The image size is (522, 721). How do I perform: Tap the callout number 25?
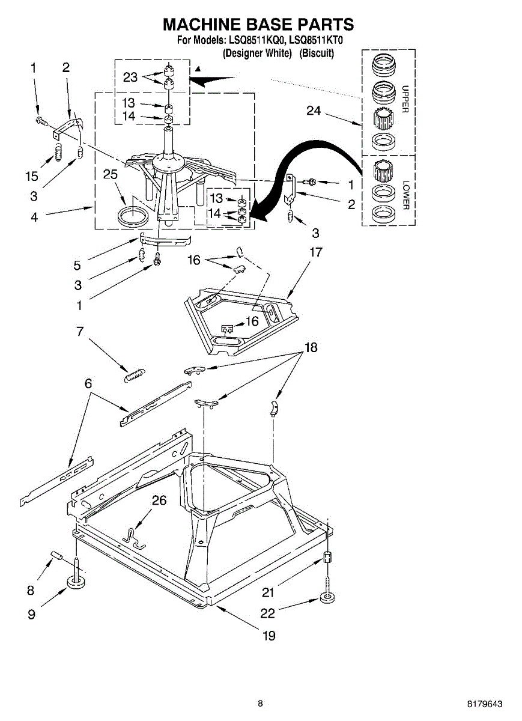coord(110,174)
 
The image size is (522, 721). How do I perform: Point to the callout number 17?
coord(315,252)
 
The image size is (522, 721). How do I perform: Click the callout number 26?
coord(159,500)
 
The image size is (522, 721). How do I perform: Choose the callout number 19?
coord(269,635)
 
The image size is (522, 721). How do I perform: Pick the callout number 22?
coord(267,613)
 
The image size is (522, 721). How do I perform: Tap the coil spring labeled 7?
coord(135,374)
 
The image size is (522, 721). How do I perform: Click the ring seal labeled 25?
coord(133,216)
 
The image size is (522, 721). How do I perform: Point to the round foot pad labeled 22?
coord(327,598)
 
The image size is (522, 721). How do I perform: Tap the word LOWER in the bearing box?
coord(405,194)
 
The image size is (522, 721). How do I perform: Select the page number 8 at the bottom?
coord(260,704)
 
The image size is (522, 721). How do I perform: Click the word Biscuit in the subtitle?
coord(317,53)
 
